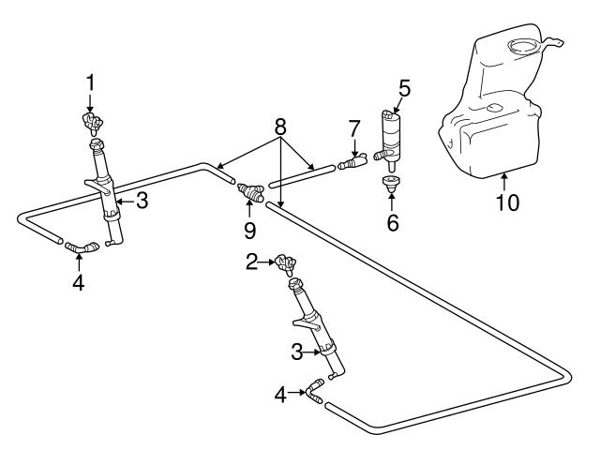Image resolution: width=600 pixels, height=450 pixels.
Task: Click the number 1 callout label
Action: click(x=90, y=82)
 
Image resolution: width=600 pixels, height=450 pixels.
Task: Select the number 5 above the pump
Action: click(x=404, y=90)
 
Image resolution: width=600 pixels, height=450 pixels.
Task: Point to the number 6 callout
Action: click(x=392, y=223)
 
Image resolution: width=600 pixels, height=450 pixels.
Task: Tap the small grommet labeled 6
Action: click(x=390, y=184)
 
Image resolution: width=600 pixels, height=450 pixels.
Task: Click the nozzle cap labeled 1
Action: click(x=92, y=123)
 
